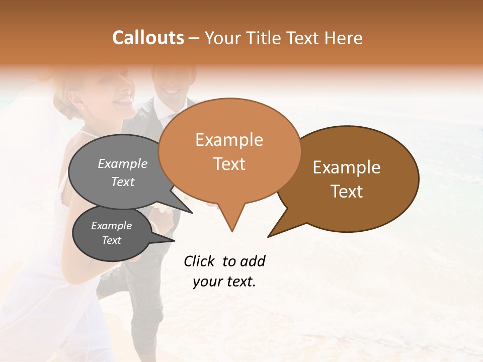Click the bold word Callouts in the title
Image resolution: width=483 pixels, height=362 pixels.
[x=148, y=38]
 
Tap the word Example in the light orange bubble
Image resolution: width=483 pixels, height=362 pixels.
[x=229, y=140]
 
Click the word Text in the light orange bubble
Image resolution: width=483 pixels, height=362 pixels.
[x=229, y=163]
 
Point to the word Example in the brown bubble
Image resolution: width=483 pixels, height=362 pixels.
[x=347, y=167]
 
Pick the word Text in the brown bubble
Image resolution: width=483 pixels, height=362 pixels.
[x=347, y=191]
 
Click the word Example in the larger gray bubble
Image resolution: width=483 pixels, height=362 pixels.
[x=123, y=163]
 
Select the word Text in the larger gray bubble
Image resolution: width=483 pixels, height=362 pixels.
[x=123, y=182]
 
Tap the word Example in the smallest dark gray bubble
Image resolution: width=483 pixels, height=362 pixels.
[x=111, y=226]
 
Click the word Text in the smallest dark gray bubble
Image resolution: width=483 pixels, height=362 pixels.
[x=111, y=240]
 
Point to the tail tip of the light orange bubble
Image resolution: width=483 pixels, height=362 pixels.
[x=232, y=231]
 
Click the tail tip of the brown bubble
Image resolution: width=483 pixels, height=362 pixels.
[x=268, y=236]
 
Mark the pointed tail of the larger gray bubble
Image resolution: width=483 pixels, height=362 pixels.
[x=192, y=213]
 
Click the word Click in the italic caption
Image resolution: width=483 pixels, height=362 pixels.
[x=200, y=261]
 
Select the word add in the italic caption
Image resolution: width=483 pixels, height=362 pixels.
[x=253, y=261]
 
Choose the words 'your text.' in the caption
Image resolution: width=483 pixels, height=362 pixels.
[x=224, y=282]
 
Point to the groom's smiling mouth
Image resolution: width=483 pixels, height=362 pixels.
[x=172, y=92]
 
